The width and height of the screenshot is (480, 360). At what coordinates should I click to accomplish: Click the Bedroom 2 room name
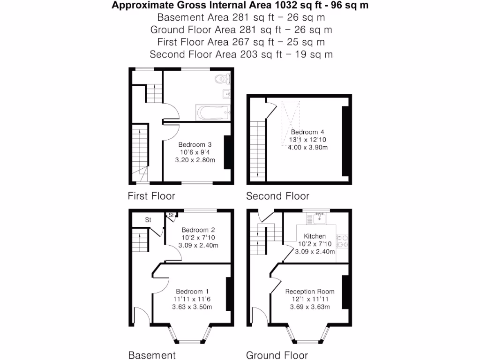[198, 230]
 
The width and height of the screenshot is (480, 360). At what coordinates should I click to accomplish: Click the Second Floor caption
[277, 196]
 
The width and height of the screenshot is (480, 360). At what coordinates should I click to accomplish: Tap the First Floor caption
[151, 196]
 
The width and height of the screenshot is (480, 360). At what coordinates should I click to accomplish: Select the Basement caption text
[152, 355]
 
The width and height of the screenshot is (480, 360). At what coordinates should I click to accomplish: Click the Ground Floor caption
[277, 355]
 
